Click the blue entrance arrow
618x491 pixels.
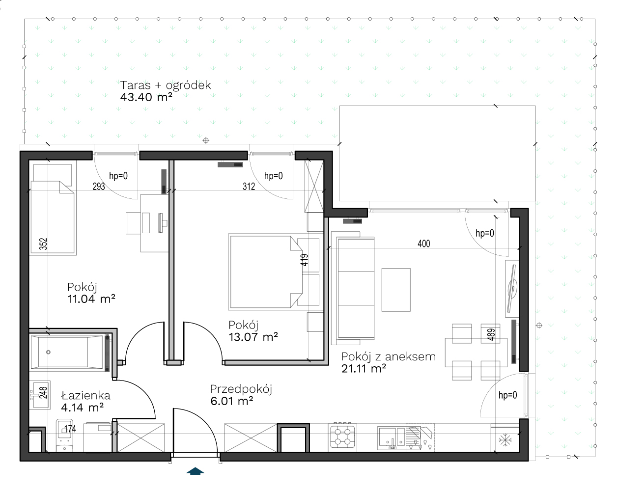tap(196, 471)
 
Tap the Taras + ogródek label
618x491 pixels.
tap(166, 85)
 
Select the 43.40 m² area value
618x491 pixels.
tap(146, 97)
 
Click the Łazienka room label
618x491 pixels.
tap(85, 395)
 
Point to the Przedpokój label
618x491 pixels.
tap(241, 389)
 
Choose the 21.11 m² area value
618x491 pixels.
tap(364, 368)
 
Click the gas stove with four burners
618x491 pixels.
tap(342, 436)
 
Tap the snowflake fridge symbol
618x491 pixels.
tap(505, 439)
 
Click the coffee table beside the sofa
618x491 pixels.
tap(396, 290)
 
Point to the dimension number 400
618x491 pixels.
tap(423, 244)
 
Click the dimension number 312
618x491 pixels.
tap(249, 187)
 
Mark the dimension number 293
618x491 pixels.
tap(99, 187)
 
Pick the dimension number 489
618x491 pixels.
tap(491, 334)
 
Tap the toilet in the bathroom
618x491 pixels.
tap(64, 436)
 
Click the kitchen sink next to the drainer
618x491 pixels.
tap(392, 438)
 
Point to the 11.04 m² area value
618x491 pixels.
tap(91, 299)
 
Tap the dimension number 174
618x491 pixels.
tap(70, 429)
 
